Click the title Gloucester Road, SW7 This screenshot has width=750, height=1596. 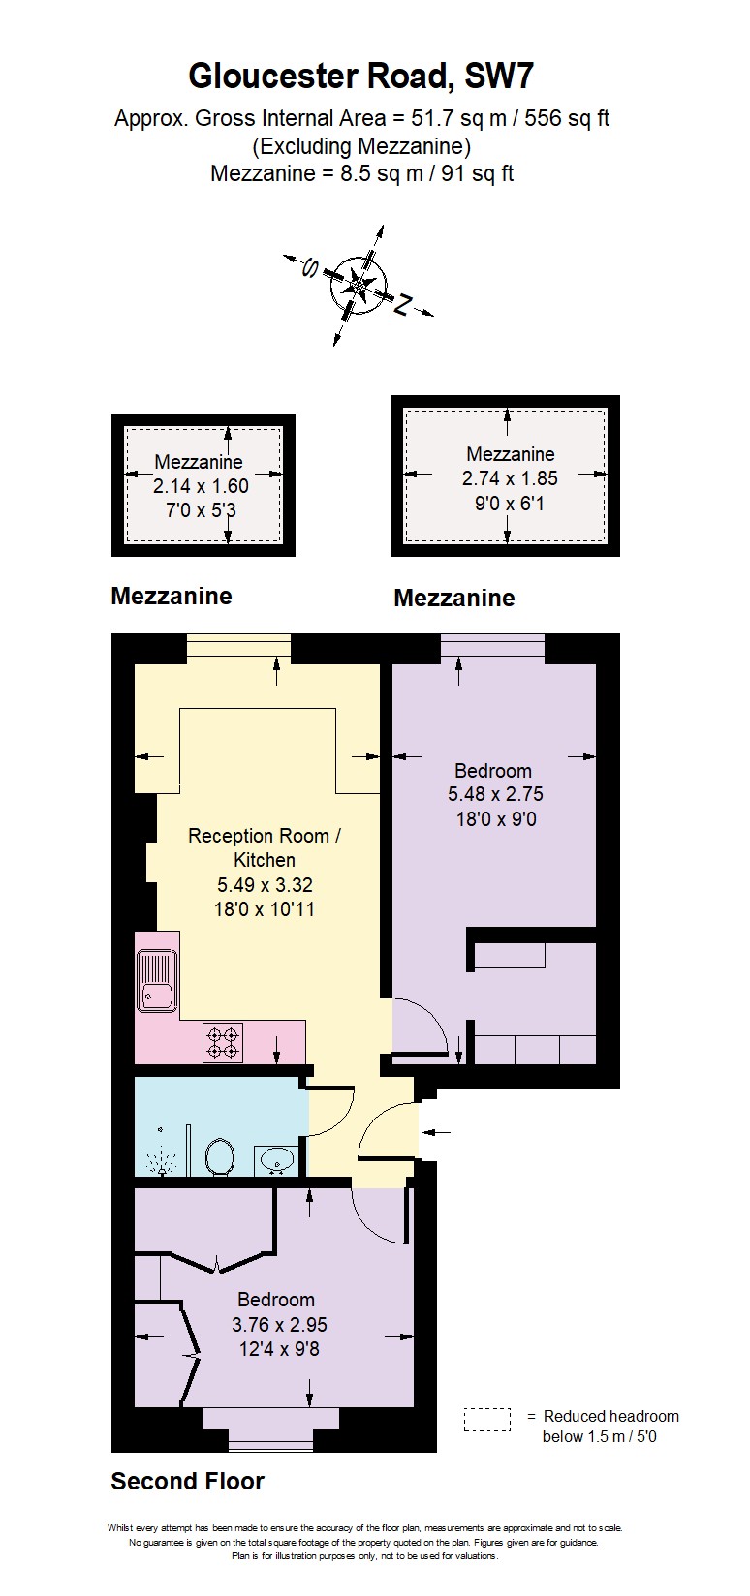pyautogui.click(x=360, y=76)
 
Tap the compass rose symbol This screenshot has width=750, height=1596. pyautogui.click(x=359, y=285)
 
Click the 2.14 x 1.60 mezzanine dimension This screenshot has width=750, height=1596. pyautogui.click(x=201, y=486)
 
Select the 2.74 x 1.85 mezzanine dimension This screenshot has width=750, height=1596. pyautogui.click(x=510, y=478)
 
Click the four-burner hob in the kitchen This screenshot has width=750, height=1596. pyautogui.click(x=223, y=1042)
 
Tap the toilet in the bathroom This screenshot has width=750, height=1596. pyautogui.click(x=220, y=1155)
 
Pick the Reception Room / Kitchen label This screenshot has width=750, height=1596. pyautogui.click(x=265, y=847)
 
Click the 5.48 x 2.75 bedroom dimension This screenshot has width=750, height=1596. pyautogui.click(x=495, y=794)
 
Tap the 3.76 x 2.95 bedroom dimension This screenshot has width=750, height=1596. pyautogui.click(x=279, y=1325)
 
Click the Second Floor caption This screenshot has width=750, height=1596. pyautogui.click(x=187, y=1481)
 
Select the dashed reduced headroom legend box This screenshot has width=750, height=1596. pyautogui.click(x=486, y=1420)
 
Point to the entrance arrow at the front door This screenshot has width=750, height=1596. pyautogui.click(x=436, y=1130)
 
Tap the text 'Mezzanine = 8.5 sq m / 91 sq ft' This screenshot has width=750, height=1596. pyautogui.click(x=361, y=174)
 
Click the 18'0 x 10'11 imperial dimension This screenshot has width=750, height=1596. pyautogui.click(x=265, y=909)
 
